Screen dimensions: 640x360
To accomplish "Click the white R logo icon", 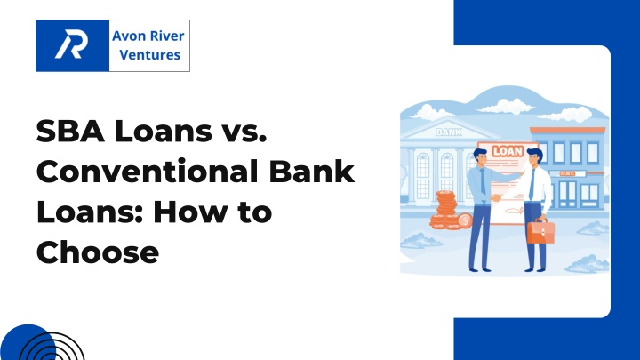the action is [x=71, y=44].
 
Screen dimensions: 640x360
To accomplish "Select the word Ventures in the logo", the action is [x=150, y=55].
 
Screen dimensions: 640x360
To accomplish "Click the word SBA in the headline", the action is [x=70, y=131].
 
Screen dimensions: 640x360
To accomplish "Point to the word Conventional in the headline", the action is [x=147, y=172].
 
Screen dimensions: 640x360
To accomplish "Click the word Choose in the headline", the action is [x=98, y=252].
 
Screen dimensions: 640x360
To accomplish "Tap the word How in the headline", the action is [x=189, y=212].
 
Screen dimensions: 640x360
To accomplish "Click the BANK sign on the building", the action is [x=449, y=132].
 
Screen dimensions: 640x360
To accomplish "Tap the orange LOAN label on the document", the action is [x=508, y=151].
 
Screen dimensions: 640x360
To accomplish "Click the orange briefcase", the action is [x=540, y=231].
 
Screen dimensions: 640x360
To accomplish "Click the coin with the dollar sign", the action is [x=465, y=221].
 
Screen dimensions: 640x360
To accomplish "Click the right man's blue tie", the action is [x=532, y=183].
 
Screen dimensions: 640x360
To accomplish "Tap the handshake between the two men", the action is [x=496, y=197].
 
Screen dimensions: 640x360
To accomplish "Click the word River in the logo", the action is [x=165, y=36].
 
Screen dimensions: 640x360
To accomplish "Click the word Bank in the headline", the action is [x=311, y=172].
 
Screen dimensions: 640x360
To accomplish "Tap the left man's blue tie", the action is [x=483, y=181].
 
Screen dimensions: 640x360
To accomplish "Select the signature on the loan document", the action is [x=515, y=211].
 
